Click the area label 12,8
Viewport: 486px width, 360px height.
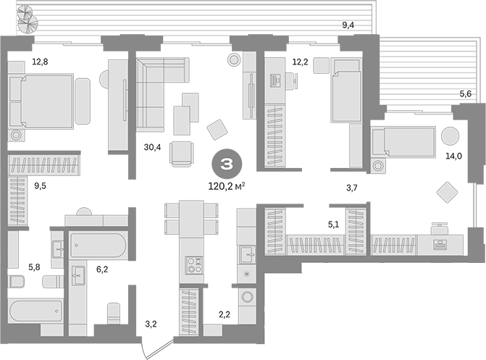[41, 62]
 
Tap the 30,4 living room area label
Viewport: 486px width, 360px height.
[153, 147]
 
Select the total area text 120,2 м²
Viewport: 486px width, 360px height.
[227, 186]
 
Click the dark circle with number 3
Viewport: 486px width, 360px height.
[227, 164]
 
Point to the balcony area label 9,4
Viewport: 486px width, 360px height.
[348, 25]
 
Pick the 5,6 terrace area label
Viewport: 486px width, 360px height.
[466, 93]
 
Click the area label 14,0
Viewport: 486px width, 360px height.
[453, 156]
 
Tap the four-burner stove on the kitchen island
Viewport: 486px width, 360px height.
[194, 265]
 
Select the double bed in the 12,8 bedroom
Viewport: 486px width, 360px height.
[41, 101]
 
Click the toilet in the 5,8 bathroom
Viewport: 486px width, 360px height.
[16, 282]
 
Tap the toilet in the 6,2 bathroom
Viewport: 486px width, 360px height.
[114, 313]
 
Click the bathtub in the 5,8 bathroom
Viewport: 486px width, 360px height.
[35, 311]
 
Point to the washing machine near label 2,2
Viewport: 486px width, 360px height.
[247, 297]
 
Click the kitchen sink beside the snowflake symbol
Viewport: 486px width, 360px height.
[247, 254]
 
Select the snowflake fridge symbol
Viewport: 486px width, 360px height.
[247, 274]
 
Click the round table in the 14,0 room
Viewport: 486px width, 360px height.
[450, 136]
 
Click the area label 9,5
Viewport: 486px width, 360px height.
[41, 186]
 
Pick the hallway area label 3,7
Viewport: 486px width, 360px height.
[352, 188]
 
